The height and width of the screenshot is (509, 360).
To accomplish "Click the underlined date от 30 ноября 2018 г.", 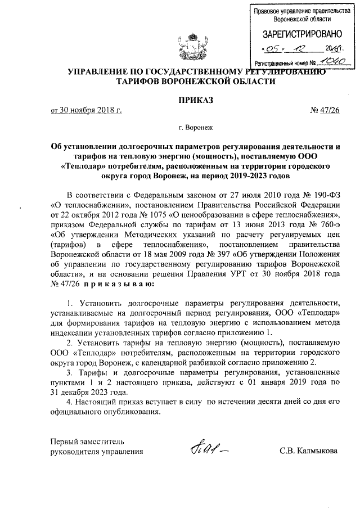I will [87, 111].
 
